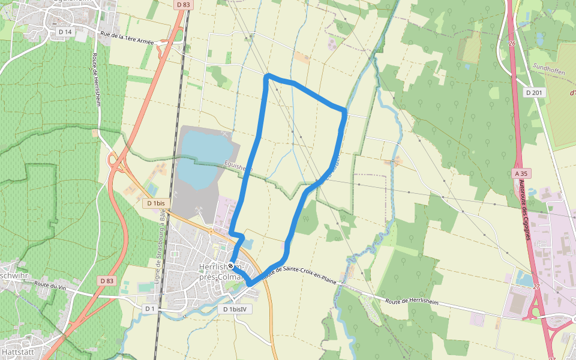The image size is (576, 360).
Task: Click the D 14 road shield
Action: [x=64, y=31]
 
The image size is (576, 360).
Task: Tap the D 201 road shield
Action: [x=533, y=92]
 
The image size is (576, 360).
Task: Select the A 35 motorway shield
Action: [x=521, y=173]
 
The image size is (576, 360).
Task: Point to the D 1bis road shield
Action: [x=155, y=203]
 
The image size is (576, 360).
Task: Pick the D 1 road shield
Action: [x=150, y=308]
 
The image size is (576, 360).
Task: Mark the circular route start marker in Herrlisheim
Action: [x=230, y=265]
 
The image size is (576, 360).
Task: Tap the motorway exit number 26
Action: [x=512, y=43]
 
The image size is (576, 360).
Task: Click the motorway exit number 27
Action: [x=536, y=287]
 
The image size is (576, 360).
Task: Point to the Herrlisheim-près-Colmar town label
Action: [x=220, y=272]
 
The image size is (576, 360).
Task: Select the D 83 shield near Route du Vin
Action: [x=106, y=281]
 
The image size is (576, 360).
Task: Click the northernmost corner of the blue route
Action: [x=268, y=75]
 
